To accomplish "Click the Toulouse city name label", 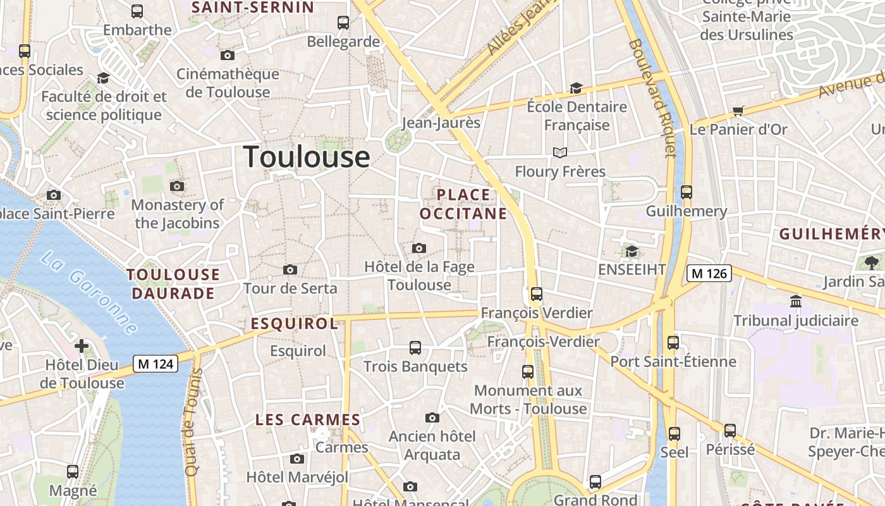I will [307, 157].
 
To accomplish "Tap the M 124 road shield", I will [156, 364].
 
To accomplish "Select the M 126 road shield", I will [709, 273].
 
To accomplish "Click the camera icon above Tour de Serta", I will [290, 270].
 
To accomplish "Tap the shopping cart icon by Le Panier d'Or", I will [738, 111].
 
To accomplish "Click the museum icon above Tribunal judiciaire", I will [796, 301].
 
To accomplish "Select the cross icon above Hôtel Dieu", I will [82, 346].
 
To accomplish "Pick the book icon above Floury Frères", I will [559, 152].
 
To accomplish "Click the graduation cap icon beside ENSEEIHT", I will [632, 252].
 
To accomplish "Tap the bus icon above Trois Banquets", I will [415, 347].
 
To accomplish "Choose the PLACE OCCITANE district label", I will [463, 204].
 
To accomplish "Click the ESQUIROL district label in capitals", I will [295, 324].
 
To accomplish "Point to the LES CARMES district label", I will [308, 419].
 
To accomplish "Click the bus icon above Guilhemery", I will [687, 192].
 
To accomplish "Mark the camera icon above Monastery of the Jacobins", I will [177, 186].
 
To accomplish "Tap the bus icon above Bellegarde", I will [343, 23].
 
